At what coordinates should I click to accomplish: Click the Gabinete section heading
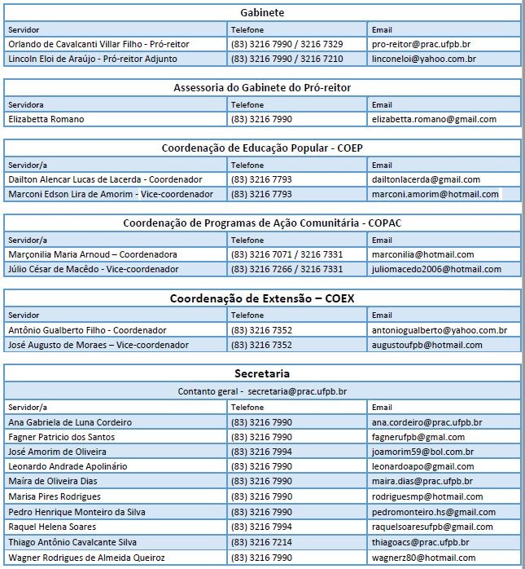point(262,12)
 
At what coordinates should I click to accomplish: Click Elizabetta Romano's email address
point(434,119)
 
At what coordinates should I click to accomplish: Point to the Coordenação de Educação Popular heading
point(262,148)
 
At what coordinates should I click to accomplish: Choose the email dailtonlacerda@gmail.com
point(426,179)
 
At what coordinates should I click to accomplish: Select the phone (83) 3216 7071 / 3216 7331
point(287,254)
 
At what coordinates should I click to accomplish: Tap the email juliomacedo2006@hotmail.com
point(436,269)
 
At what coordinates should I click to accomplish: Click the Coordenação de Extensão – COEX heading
point(262,298)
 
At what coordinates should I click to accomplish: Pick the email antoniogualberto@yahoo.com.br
point(440,330)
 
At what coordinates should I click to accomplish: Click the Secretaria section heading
point(262,374)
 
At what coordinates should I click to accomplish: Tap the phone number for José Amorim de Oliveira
point(261,452)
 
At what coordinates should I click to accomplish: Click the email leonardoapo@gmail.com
point(422,466)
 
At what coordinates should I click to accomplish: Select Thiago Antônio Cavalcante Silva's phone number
point(261,542)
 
